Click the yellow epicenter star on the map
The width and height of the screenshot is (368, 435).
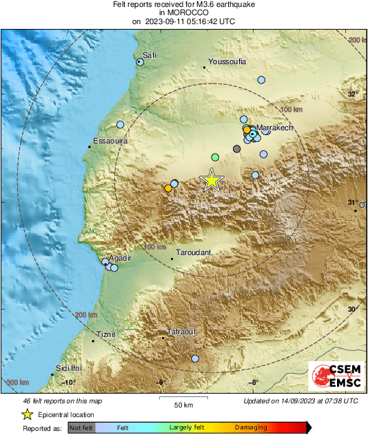coord(212,180)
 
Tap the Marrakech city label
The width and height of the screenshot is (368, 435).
coord(276,128)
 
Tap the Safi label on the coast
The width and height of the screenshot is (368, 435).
coord(150,55)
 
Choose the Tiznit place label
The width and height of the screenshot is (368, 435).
coord(107,334)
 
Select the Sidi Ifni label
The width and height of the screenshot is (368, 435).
coord(71,369)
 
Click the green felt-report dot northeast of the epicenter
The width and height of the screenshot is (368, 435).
coord(215,157)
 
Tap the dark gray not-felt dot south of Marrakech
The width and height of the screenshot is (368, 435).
coord(237,149)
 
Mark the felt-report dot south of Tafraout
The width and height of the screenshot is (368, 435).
coord(195,358)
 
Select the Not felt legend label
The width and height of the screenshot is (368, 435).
coord(82,428)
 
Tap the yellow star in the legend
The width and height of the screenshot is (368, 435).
coord(28,414)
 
